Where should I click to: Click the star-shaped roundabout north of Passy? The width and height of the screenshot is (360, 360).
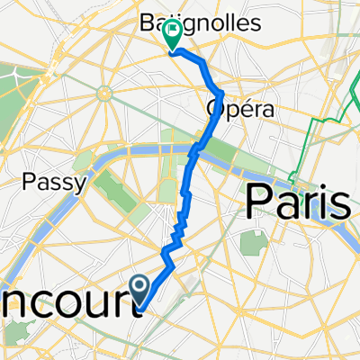(105, 92)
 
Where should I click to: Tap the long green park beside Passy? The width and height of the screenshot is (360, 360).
(114, 184)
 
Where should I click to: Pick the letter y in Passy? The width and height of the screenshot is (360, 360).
(79, 185)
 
